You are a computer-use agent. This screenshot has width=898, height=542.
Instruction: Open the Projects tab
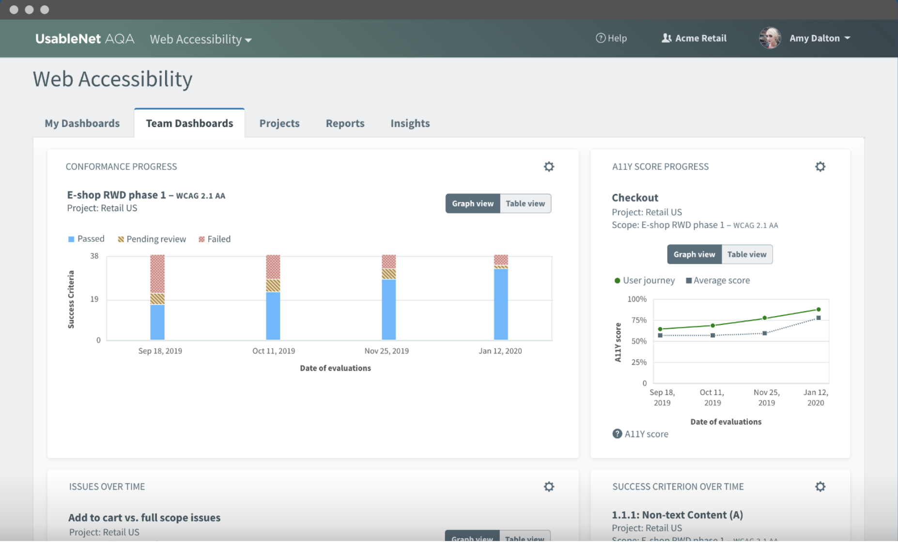point(279,123)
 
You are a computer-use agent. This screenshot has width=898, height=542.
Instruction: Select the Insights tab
point(410,123)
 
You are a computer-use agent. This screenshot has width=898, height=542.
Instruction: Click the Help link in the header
point(611,38)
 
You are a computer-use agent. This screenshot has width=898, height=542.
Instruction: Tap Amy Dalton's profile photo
point(770,38)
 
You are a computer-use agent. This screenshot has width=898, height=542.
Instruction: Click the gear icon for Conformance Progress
point(549,167)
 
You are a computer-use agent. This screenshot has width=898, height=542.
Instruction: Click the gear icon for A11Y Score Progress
point(820,167)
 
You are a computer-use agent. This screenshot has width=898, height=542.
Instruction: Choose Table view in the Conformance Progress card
point(525,204)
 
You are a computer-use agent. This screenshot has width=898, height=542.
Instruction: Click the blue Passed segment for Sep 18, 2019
point(157,322)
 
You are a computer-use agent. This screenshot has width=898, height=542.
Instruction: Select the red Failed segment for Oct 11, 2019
point(273,267)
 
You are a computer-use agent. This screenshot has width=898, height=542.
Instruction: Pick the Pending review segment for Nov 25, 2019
point(389,274)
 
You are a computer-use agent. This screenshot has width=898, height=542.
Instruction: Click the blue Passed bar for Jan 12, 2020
point(501,304)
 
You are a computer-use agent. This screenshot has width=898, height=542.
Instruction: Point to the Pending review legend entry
point(152,239)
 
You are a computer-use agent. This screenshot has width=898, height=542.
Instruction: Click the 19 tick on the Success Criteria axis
point(94,299)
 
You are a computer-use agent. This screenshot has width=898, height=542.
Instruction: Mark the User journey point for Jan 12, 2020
point(819,309)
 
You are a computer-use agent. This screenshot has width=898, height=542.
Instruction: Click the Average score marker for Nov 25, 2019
point(765,333)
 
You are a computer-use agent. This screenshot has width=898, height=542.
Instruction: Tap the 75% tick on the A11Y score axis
point(639,320)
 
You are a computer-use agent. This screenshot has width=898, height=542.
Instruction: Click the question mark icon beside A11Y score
point(617,434)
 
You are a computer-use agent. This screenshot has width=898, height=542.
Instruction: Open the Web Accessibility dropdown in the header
point(201,39)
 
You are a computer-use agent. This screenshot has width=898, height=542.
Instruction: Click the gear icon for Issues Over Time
point(549,487)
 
